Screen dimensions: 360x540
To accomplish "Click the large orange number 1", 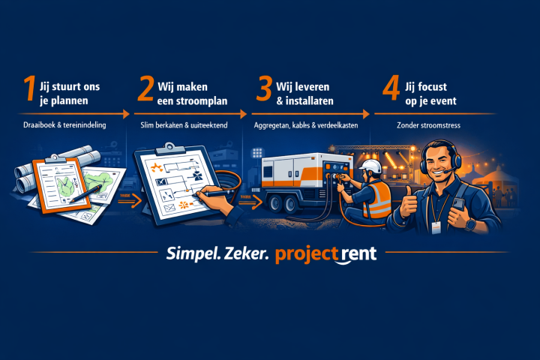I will (x=28, y=89).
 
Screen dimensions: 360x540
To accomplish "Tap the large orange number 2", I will (x=145, y=89).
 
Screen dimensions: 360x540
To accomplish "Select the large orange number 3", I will (x=263, y=89).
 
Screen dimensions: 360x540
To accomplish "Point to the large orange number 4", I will (x=391, y=89).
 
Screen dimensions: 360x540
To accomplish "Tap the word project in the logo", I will (x=307, y=254).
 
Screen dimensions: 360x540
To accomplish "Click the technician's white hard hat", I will (x=370, y=166).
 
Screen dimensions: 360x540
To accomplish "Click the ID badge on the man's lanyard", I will (x=436, y=226).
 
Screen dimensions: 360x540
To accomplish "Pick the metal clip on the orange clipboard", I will (x=55, y=160).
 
